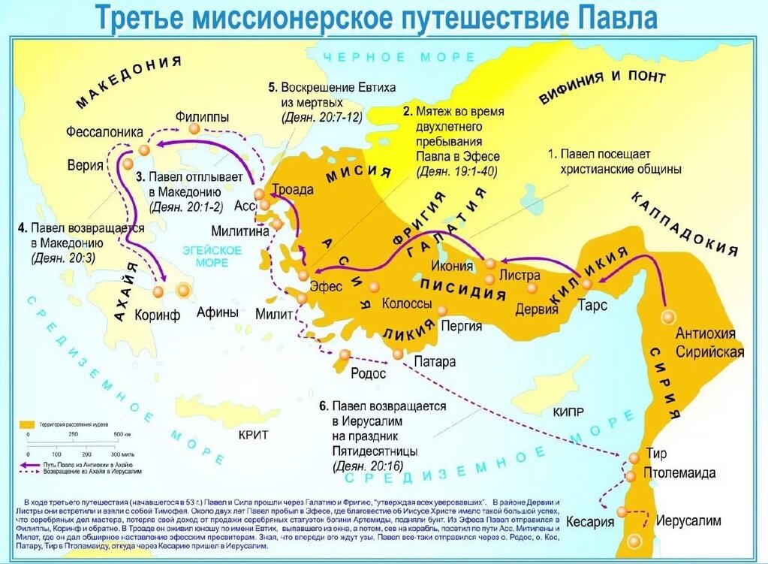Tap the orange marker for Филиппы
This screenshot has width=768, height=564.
click(x=194, y=129)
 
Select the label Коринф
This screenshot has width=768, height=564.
click(x=157, y=315)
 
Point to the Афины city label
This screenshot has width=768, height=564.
click(x=218, y=313)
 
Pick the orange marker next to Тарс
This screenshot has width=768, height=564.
click(x=586, y=283)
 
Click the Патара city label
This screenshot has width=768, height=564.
click(x=434, y=361)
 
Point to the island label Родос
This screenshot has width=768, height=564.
click(x=368, y=373)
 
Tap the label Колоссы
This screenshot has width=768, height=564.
click(x=406, y=304)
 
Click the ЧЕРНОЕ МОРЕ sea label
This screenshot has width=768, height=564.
click(x=399, y=58)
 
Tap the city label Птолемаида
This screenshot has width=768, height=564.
click(x=679, y=473)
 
